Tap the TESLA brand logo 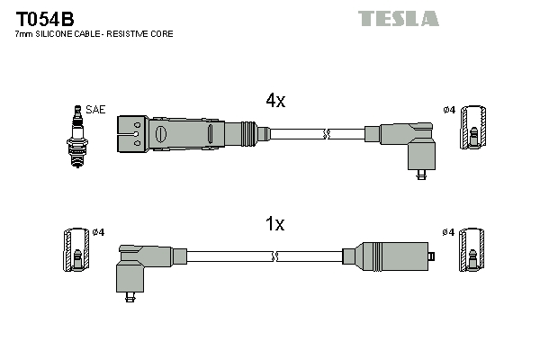click(x=398, y=18)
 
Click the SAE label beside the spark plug click(x=96, y=110)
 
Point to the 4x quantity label click(x=274, y=102)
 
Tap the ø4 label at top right click(x=449, y=110)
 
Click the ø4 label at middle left click(x=99, y=233)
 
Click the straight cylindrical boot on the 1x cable click(x=392, y=257)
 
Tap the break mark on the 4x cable click(x=328, y=134)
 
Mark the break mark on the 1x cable click(x=275, y=257)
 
